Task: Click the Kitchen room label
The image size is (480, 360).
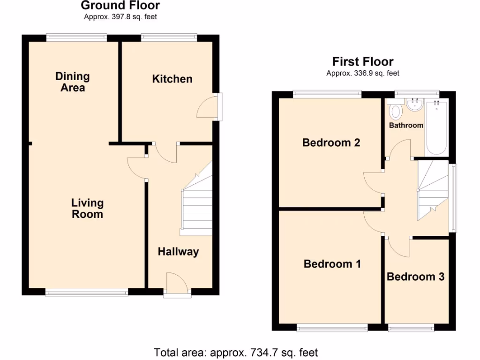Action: [172, 79]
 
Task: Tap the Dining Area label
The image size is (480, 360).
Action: [72, 82]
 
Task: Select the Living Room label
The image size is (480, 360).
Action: [87, 209]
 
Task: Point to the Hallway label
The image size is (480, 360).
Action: [178, 252]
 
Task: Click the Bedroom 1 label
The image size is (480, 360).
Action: [332, 264]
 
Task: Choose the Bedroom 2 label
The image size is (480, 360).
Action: [331, 142]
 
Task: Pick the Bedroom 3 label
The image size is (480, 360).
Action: [415, 277]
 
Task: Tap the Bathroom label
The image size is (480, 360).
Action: [406, 125]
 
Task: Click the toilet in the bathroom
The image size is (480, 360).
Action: [396, 111]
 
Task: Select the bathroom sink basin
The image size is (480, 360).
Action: [414, 105]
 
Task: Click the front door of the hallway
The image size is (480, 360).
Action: [177, 285]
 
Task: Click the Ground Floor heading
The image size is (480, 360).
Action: [120, 6]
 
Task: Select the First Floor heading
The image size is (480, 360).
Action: [363, 61]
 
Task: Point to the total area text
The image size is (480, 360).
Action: [236, 352]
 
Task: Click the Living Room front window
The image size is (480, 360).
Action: [87, 292]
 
